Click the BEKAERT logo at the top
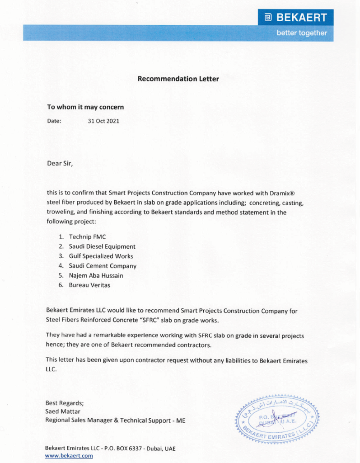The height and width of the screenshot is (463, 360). [296, 18]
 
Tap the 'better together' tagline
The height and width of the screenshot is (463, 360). [301, 33]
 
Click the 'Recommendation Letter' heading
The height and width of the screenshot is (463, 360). [178, 79]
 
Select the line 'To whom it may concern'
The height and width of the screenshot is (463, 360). [85, 107]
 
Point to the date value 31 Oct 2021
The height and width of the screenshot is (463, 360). [103, 121]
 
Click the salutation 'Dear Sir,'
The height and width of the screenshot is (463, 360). [60, 163]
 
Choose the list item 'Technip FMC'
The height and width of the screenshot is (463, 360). [87, 237]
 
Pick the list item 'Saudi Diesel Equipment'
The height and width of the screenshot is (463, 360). [102, 246]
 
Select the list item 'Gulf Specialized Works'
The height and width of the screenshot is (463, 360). [101, 256]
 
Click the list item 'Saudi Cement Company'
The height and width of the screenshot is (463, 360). [102, 266]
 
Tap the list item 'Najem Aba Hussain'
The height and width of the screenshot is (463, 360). [96, 275]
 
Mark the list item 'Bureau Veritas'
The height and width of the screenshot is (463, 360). [89, 285]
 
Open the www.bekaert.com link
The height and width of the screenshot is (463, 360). [69, 456]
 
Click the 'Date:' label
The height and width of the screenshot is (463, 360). [54, 121]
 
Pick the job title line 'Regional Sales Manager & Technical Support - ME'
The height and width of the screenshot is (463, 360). [115, 420]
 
